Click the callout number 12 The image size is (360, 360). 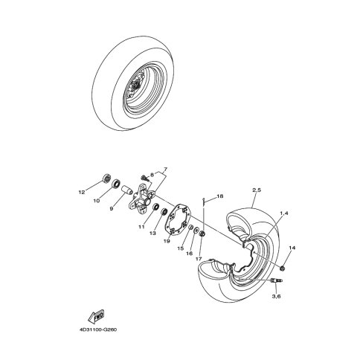[x=82, y=192]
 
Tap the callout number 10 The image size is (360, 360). [x=97, y=201]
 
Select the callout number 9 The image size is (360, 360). [x=112, y=209]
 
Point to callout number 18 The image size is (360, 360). [x=219, y=196]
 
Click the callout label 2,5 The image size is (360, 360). [x=257, y=190]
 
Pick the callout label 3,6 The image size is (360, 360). [x=277, y=296]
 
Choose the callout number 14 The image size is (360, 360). [x=292, y=248]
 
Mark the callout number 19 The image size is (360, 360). [x=167, y=242]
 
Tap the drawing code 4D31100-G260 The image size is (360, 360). [x=98, y=330]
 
